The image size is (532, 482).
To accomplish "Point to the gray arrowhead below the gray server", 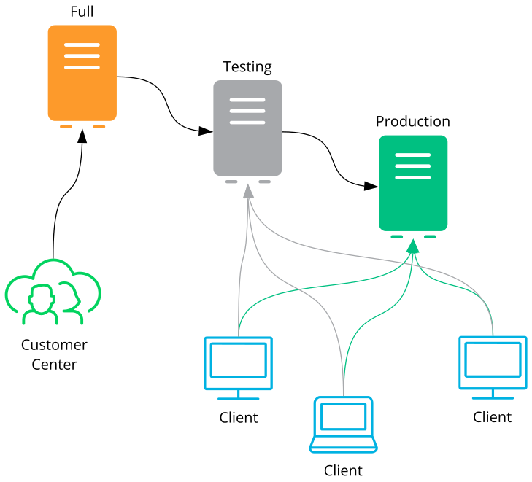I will [248, 191].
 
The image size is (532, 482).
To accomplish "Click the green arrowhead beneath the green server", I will [413, 246].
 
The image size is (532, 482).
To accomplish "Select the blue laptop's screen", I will [343, 416].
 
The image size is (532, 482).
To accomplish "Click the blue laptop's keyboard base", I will [343, 443].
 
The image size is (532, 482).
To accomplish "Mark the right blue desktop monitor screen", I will [493, 359].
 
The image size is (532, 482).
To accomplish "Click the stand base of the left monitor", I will [239, 398].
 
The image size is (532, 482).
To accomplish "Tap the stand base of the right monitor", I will [493, 397].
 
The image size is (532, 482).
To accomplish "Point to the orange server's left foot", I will [66, 126].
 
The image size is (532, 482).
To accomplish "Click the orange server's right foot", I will [99, 126].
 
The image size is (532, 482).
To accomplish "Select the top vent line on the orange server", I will [82, 45].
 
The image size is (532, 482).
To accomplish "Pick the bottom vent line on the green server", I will [413, 177].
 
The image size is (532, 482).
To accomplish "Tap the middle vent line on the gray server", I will [247, 111].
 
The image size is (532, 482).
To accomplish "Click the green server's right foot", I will [430, 236].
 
